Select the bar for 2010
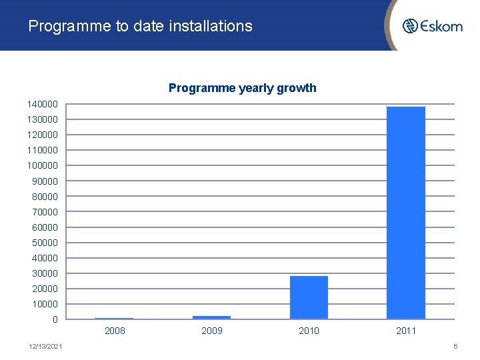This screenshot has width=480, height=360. click(309, 297)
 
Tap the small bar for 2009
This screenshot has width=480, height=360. click(211, 317)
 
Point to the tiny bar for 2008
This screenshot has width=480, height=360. click(114, 318)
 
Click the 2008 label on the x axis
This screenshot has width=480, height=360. click(115, 331)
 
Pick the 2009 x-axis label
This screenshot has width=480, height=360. click(211, 331)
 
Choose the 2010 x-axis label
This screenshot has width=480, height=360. click(309, 331)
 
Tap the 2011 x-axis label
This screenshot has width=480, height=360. click(405, 331)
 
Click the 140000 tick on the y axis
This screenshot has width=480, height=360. click(43, 104)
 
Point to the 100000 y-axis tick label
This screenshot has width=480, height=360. click(43, 165)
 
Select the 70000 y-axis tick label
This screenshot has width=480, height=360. click(45, 212)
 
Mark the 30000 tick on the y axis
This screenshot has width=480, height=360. click(45, 273)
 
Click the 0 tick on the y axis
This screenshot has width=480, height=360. click(55, 319)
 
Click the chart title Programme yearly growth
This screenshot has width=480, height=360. click(242, 88)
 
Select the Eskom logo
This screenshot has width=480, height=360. click(432, 26)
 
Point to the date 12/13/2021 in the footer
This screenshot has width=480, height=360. click(46, 347)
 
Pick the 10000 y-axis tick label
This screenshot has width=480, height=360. click(45, 304)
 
